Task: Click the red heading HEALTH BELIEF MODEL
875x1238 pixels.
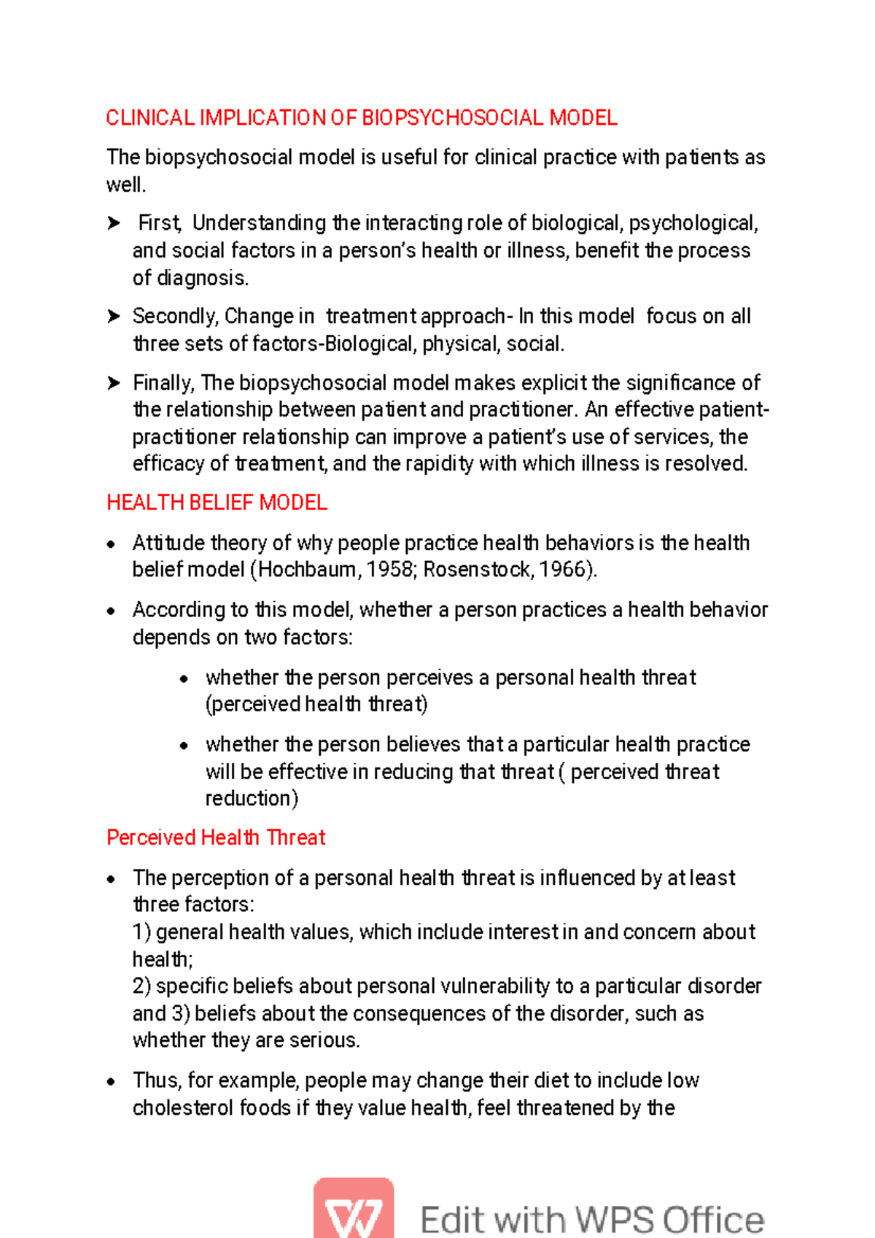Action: pos(217,503)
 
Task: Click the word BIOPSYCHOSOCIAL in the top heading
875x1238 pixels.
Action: pos(453,118)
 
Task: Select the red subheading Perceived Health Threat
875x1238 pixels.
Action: pos(216,837)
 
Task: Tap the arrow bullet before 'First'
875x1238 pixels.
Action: pos(114,223)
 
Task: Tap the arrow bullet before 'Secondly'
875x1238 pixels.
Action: pos(114,317)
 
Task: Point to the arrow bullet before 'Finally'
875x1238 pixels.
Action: pos(114,383)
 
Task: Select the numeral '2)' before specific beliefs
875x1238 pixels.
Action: pos(141,986)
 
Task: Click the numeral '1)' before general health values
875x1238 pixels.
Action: pos(141,932)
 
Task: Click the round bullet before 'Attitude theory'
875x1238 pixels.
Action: pos(111,544)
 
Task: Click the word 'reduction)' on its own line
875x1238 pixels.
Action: pos(252,799)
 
